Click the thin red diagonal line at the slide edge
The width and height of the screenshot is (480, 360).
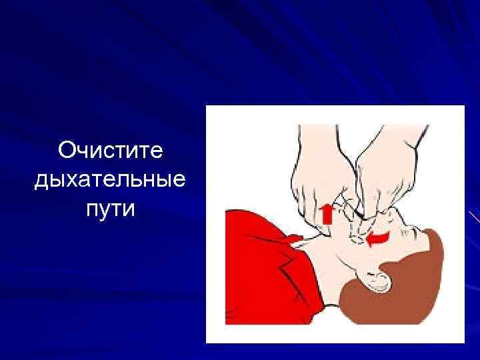click(x=474, y=217)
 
